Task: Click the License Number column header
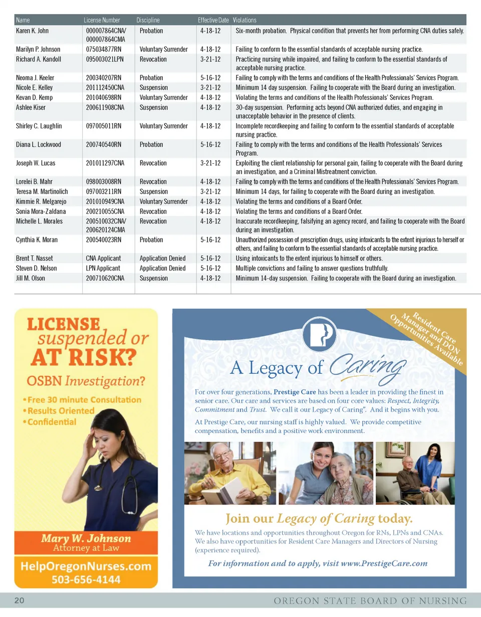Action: tap(102, 20)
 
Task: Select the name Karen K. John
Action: tap(33, 31)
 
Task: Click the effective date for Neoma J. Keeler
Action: tap(210, 78)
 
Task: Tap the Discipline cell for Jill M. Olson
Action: tap(153, 278)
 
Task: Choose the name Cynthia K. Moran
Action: tap(37, 239)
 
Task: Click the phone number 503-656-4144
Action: tap(86, 579)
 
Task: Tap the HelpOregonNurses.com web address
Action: tap(86, 566)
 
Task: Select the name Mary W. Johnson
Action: tap(86, 539)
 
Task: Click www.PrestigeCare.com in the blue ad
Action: tap(384, 563)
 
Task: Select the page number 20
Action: tap(21, 600)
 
